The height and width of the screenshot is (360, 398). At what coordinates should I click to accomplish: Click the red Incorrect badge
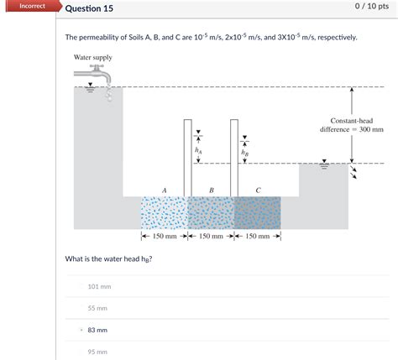pyautogui.click(x=29, y=6)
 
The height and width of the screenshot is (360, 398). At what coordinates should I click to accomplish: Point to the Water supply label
pyautogui.click(x=92, y=58)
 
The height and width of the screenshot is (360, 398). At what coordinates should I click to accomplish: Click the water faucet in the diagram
pyautogui.click(x=101, y=78)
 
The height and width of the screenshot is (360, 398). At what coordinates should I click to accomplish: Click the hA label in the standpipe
pyautogui.click(x=198, y=150)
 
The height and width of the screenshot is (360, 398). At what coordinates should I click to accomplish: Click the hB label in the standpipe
pyautogui.click(x=244, y=153)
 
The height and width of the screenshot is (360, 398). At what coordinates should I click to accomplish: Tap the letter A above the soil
pyautogui.click(x=164, y=190)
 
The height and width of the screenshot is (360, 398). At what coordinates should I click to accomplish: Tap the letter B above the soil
pyautogui.click(x=211, y=190)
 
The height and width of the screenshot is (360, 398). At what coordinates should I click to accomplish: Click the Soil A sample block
pyautogui.click(x=164, y=213)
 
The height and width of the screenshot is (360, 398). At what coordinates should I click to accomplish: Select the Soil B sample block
pyautogui.click(x=210, y=213)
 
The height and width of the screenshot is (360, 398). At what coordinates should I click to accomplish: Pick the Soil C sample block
pyautogui.click(x=256, y=213)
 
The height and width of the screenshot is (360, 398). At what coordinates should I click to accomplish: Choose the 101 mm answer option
pyautogui.click(x=99, y=286)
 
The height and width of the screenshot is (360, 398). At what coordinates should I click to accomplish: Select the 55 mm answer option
pyautogui.click(x=97, y=308)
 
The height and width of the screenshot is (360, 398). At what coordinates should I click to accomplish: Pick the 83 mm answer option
pyautogui.click(x=97, y=330)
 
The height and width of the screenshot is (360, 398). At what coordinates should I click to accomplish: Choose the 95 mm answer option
pyautogui.click(x=97, y=352)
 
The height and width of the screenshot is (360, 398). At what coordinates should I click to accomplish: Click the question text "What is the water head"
pyautogui.click(x=108, y=258)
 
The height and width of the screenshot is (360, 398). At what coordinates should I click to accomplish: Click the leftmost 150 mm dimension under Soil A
pyautogui.click(x=164, y=237)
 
